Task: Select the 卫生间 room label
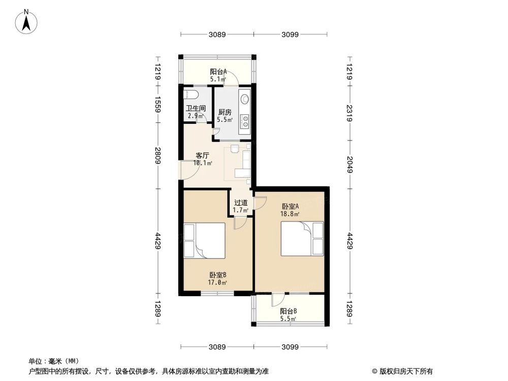[195, 108]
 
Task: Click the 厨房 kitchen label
[225, 112]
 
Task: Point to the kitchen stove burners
[244, 120]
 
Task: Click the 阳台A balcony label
[218, 72]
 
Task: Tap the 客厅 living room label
[203, 156]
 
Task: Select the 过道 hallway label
[240, 202]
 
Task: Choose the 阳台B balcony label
[288, 311]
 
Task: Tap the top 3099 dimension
[292, 35]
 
